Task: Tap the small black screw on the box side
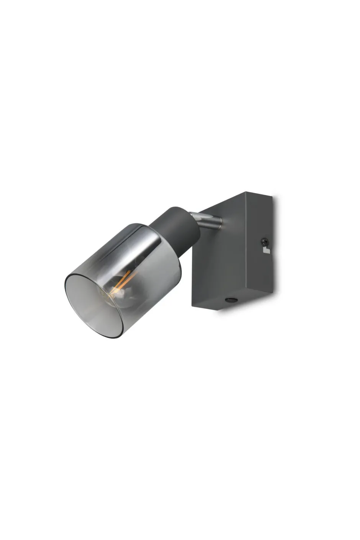(263, 241)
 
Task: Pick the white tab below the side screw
(266, 251)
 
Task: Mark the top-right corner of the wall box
(272, 197)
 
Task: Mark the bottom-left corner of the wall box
(192, 305)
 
